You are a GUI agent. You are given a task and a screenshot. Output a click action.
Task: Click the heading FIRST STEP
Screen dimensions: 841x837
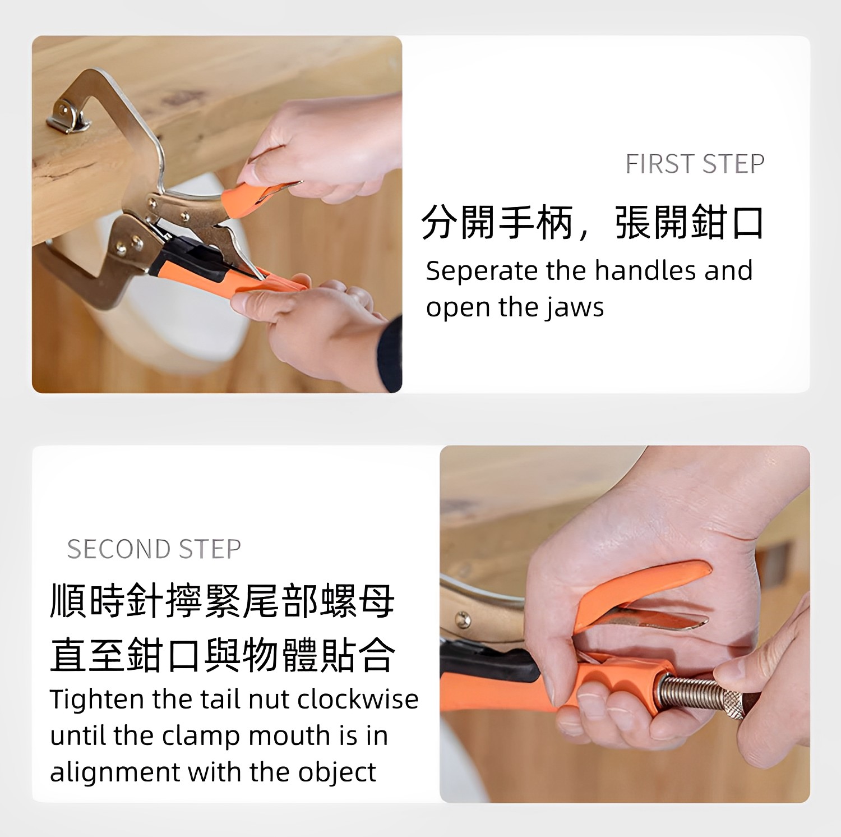[x=695, y=164]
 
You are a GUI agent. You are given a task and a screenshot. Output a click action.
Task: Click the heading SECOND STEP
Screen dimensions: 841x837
[x=154, y=549]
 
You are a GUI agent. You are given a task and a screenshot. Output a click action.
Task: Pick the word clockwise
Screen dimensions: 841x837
[x=358, y=699]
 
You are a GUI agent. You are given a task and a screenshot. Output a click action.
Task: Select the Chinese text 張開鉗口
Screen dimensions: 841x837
[x=689, y=223]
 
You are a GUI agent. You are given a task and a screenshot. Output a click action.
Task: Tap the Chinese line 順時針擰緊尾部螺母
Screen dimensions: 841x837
[x=223, y=601]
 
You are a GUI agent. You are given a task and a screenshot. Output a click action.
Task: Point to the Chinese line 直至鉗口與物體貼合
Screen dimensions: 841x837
[x=223, y=655]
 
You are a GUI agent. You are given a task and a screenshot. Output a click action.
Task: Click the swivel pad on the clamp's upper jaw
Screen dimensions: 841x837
[x=68, y=117]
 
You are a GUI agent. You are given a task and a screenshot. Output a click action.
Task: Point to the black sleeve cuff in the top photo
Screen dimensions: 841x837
[x=391, y=354]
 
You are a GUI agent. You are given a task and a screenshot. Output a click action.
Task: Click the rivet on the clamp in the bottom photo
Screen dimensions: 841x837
[x=462, y=619]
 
